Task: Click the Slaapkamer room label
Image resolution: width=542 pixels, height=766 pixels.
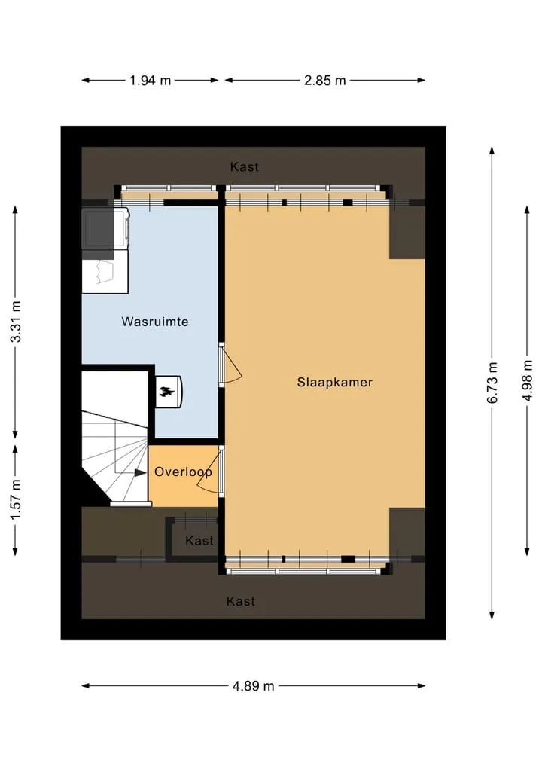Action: tap(334, 382)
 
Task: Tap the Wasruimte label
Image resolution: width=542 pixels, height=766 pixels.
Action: tap(155, 322)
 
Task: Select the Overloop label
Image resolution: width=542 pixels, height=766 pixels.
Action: tap(183, 472)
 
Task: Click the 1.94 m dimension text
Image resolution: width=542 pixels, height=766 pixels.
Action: tap(150, 80)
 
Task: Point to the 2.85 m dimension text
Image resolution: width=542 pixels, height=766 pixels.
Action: tap(324, 80)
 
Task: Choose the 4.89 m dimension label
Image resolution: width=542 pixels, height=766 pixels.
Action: tap(254, 686)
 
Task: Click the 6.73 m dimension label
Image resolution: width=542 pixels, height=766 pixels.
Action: tap(492, 383)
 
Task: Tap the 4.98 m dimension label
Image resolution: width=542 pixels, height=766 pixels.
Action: tap(528, 380)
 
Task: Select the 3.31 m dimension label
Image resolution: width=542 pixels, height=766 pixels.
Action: tap(16, 322)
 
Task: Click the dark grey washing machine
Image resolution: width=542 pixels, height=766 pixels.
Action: tap(105, 227)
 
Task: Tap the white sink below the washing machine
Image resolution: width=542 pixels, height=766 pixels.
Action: tap(105, 272)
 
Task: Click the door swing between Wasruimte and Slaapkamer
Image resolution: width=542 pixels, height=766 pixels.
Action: tap(230, 364)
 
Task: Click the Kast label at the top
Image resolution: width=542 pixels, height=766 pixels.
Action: tap(244, 166)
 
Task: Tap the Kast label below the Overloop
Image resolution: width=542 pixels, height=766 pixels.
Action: tap(199, 540)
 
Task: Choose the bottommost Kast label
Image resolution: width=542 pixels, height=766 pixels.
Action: tap(241, 601)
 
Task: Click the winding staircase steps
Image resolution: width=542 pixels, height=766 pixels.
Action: tap(115, 456)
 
